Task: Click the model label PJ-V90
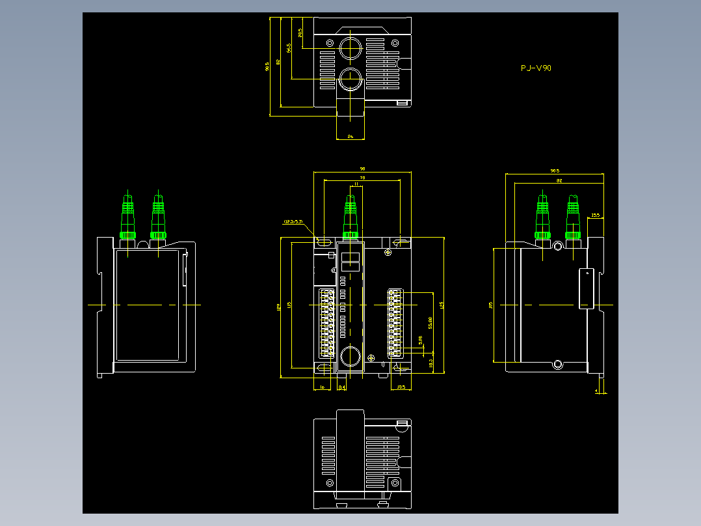(536, 68)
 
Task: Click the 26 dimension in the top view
(350, 136)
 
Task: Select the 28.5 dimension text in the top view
(300, 33)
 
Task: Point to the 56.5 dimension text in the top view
(288, 49)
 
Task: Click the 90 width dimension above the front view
(362, 169)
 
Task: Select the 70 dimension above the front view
(362, 178)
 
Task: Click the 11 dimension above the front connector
(356, 185)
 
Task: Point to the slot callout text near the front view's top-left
(294, 222)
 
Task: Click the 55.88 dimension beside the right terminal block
(430, 323)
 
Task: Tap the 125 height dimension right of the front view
(442, 305)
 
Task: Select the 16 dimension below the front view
(322, 387)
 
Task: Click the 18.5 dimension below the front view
(401, 387)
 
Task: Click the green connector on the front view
(350, 218)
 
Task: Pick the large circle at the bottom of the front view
(351, 356)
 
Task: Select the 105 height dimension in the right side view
(490, 304)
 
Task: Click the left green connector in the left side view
(128, 217)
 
